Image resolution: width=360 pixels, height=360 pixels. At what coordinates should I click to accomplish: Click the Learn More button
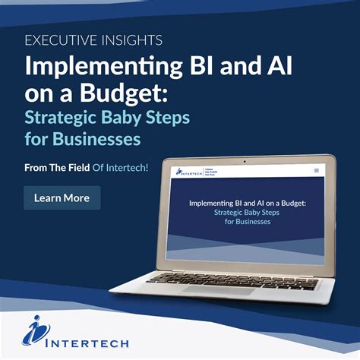(x=62, y=198)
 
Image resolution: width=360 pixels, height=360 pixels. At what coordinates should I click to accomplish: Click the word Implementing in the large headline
(x=94, y=67)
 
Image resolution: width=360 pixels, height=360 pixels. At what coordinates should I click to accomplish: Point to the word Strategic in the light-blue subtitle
(x=65, y=118)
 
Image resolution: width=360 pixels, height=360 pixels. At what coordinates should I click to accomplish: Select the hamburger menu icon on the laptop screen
(x=317, y=170)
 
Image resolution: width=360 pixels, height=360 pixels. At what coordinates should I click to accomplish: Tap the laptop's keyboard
(x=243, y=281)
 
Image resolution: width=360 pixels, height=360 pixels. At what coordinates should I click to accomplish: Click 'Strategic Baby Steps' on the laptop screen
(x=248, y=213)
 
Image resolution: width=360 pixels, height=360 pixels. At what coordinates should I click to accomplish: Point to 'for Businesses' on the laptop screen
(x=248, y=222)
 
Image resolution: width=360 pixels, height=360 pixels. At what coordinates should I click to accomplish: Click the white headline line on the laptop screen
(x=248, y=204)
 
